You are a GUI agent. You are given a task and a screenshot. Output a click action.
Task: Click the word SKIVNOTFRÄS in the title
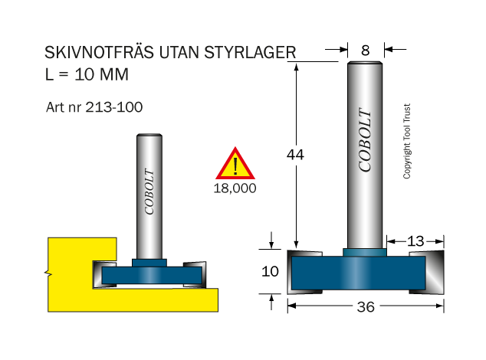99,52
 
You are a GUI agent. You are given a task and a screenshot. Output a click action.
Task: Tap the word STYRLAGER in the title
250,52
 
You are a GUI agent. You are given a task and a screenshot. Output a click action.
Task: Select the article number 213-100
113,107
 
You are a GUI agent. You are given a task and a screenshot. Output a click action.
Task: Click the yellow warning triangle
235,163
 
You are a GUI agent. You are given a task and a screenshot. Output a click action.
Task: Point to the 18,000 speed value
235,188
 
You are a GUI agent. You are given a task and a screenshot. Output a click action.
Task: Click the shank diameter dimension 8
366,50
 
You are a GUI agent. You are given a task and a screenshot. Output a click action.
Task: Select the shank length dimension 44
295,154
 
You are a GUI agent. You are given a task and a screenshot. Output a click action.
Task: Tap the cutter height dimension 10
270,271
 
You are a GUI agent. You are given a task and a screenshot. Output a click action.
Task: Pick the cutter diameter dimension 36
366,306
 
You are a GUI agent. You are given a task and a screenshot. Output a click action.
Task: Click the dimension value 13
415,241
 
